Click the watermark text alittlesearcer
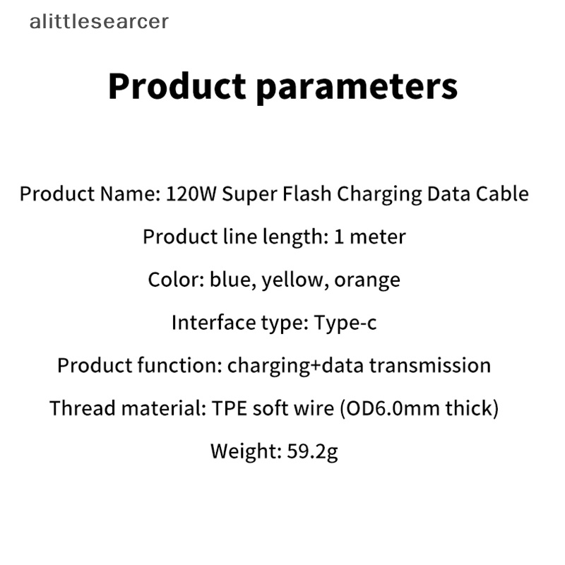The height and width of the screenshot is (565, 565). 99,22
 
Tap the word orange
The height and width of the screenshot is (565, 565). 367,280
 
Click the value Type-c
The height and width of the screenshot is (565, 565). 345,323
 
